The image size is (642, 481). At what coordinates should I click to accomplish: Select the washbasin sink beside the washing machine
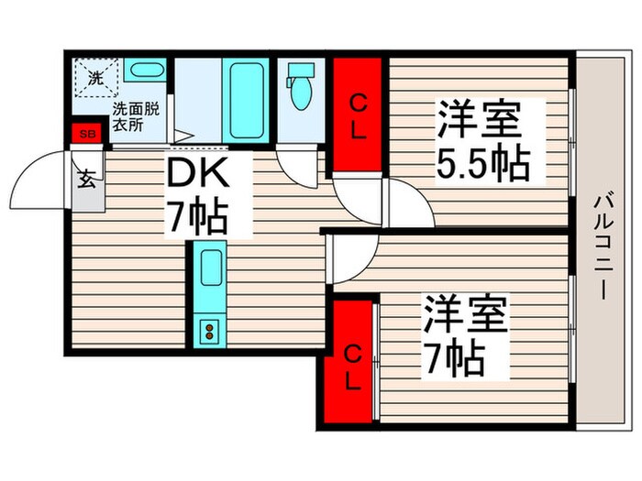(144, 71)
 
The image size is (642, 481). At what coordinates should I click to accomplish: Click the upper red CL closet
(357, 117)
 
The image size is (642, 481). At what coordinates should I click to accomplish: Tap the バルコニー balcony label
(603, 247)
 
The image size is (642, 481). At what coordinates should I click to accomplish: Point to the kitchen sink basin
(209, 270)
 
